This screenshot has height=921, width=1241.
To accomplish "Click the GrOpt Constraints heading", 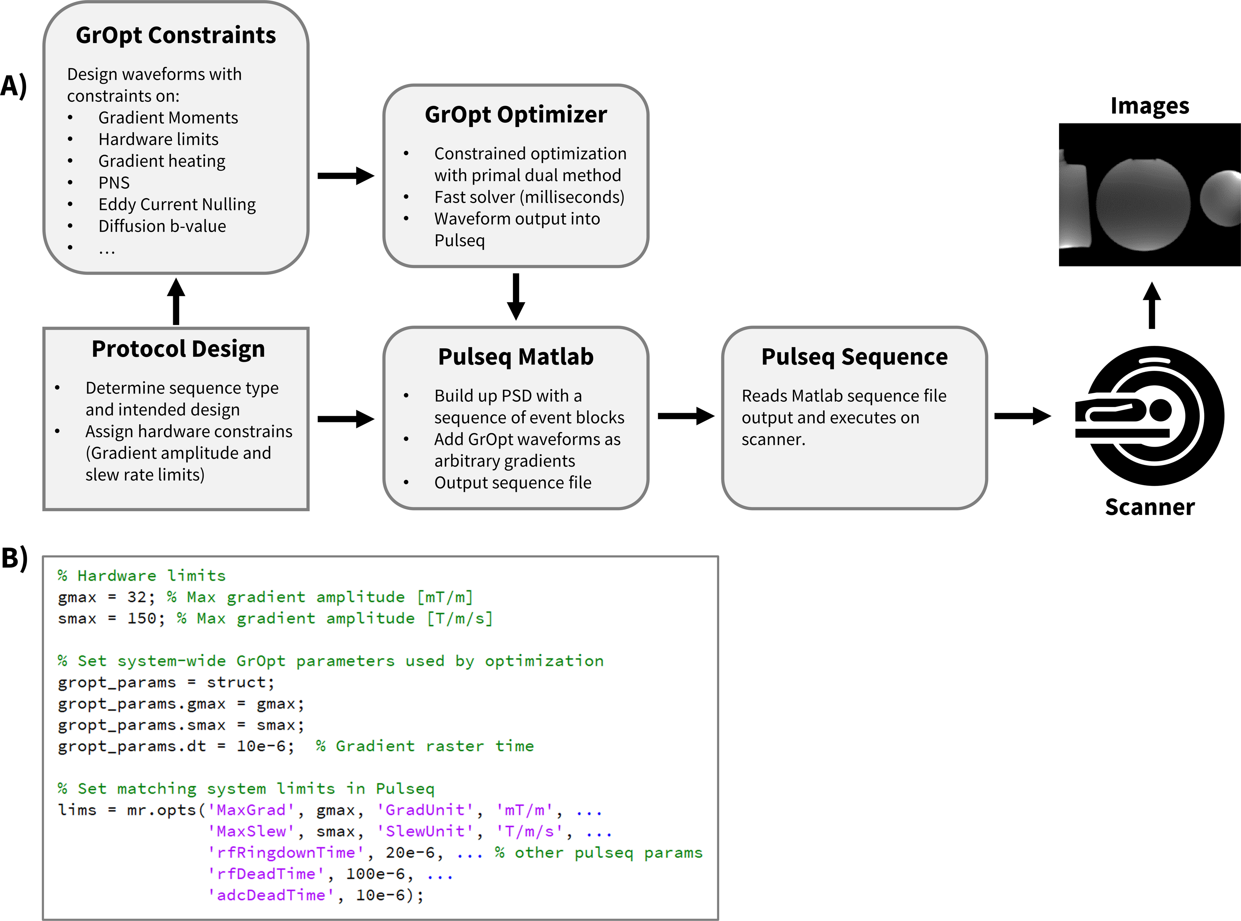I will point(175,35).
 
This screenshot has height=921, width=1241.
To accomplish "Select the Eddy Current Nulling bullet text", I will point(177,205).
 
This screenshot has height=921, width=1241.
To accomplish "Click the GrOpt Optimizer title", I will point(516,115).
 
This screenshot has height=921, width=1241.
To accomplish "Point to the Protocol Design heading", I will point(178,349).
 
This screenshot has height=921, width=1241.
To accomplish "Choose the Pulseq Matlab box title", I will point(516,357).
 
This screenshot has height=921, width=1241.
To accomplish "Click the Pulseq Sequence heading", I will point(854,357).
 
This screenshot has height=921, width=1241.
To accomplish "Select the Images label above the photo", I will point(1150,106).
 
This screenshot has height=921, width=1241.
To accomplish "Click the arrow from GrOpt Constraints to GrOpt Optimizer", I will point(346,175).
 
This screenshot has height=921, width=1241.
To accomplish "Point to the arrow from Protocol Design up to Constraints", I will point(176,301).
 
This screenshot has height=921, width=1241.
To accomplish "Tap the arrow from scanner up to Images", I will point(1152,306).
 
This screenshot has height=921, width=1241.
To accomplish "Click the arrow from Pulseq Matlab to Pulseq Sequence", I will point(686,416).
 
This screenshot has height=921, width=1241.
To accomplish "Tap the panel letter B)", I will point(15,558).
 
